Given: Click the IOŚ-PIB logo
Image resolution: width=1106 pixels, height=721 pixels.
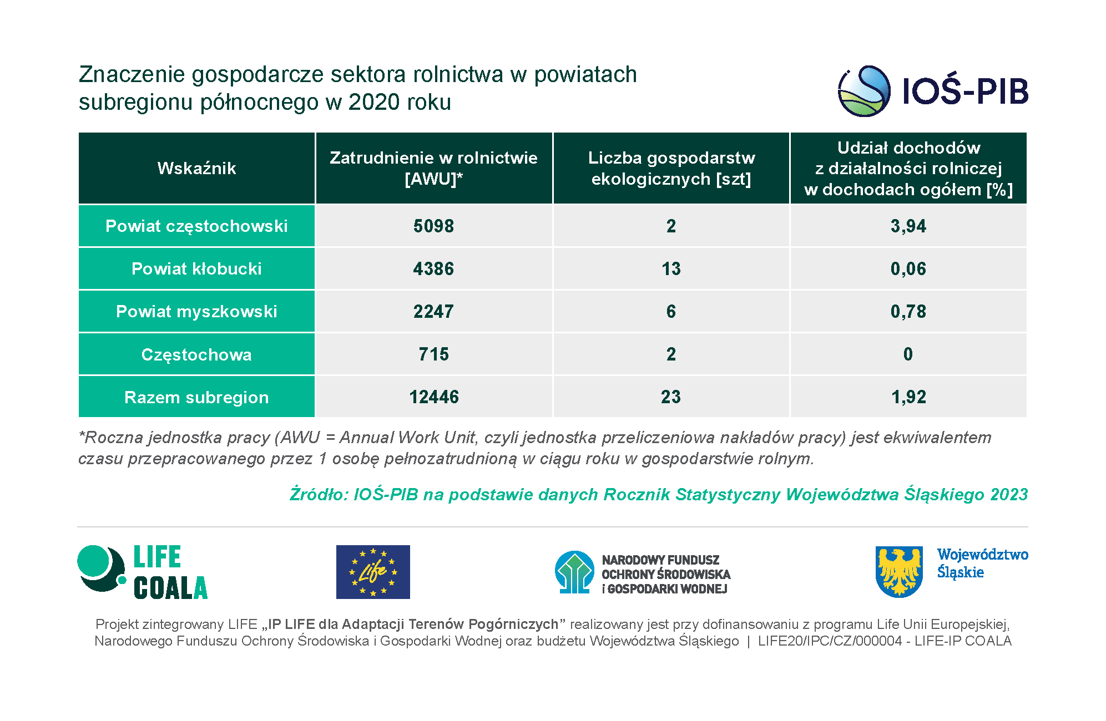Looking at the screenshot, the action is pyautogui.click(x=932, y=91).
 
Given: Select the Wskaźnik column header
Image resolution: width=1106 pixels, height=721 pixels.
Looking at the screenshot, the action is pyautogui.click(x=196, y=168).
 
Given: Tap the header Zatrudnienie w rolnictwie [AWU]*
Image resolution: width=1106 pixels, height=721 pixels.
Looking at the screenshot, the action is pyautogui.click(x=433, y=168).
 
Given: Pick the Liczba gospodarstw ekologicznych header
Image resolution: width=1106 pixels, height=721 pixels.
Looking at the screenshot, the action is pyautogui.click(x=671, y=168).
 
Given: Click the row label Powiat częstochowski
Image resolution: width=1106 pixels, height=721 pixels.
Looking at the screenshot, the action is pyautogui.click(x=196, y=226).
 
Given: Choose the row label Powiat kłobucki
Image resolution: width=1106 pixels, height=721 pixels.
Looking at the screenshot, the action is pyautogui.click(x=196, y=268).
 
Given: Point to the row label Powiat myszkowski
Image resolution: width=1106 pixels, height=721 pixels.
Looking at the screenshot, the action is pyautogui.click(x=196, y=311).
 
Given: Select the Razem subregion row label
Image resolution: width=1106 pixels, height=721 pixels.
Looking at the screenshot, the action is pyautogui.click(x=196, y=397).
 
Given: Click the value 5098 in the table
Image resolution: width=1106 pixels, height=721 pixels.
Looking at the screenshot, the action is pyautogui.click(x=433, y=226).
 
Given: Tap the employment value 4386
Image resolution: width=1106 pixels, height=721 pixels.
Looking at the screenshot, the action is pyautogui.click(x=433, y=268).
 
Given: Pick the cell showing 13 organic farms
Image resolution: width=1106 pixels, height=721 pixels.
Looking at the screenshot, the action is pyautogui.click(x=671, y=268).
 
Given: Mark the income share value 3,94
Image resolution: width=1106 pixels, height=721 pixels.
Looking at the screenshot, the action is pyautogui.click(x=908, y=226).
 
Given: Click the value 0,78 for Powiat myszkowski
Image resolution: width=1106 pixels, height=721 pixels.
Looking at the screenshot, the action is pyautogui.click(x=908, y=311).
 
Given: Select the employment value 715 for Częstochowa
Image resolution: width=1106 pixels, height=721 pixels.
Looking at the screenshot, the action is pyautogui.click(x=433, y=354).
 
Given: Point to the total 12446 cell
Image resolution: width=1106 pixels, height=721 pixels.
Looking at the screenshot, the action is pyautogui.click(x=433, y=397).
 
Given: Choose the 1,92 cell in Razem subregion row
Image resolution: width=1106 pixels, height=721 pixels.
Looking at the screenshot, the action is pyautogui.click(x=908, y=397).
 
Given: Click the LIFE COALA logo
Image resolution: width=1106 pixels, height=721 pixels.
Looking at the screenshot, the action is pyautogui.click(x=143, y=572).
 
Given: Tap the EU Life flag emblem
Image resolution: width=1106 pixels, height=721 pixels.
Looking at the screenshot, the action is pyautogui.click(x=373, y=572).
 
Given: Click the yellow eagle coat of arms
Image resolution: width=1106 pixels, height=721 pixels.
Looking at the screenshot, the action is pyautogui.click(x=899, y=571).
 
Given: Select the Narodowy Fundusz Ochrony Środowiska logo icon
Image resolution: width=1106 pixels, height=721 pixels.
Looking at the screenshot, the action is pyautogui.click(x=574, y=572).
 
